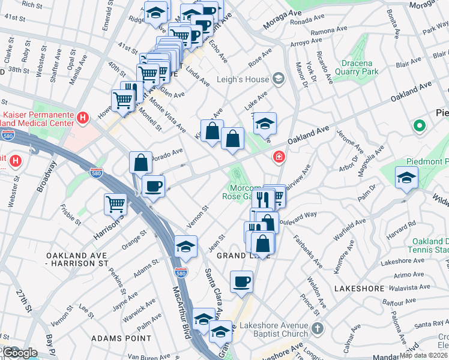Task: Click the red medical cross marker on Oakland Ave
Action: point(279,157)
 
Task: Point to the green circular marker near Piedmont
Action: point(419,127)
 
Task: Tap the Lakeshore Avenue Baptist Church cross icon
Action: point(318,328)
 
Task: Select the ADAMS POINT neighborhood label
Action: point(121,338)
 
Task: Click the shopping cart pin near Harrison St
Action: point(115,204)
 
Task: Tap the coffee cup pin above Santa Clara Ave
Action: point(241,281)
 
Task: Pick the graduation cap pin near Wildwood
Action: point(406,178)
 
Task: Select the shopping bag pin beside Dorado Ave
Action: point(140,162)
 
